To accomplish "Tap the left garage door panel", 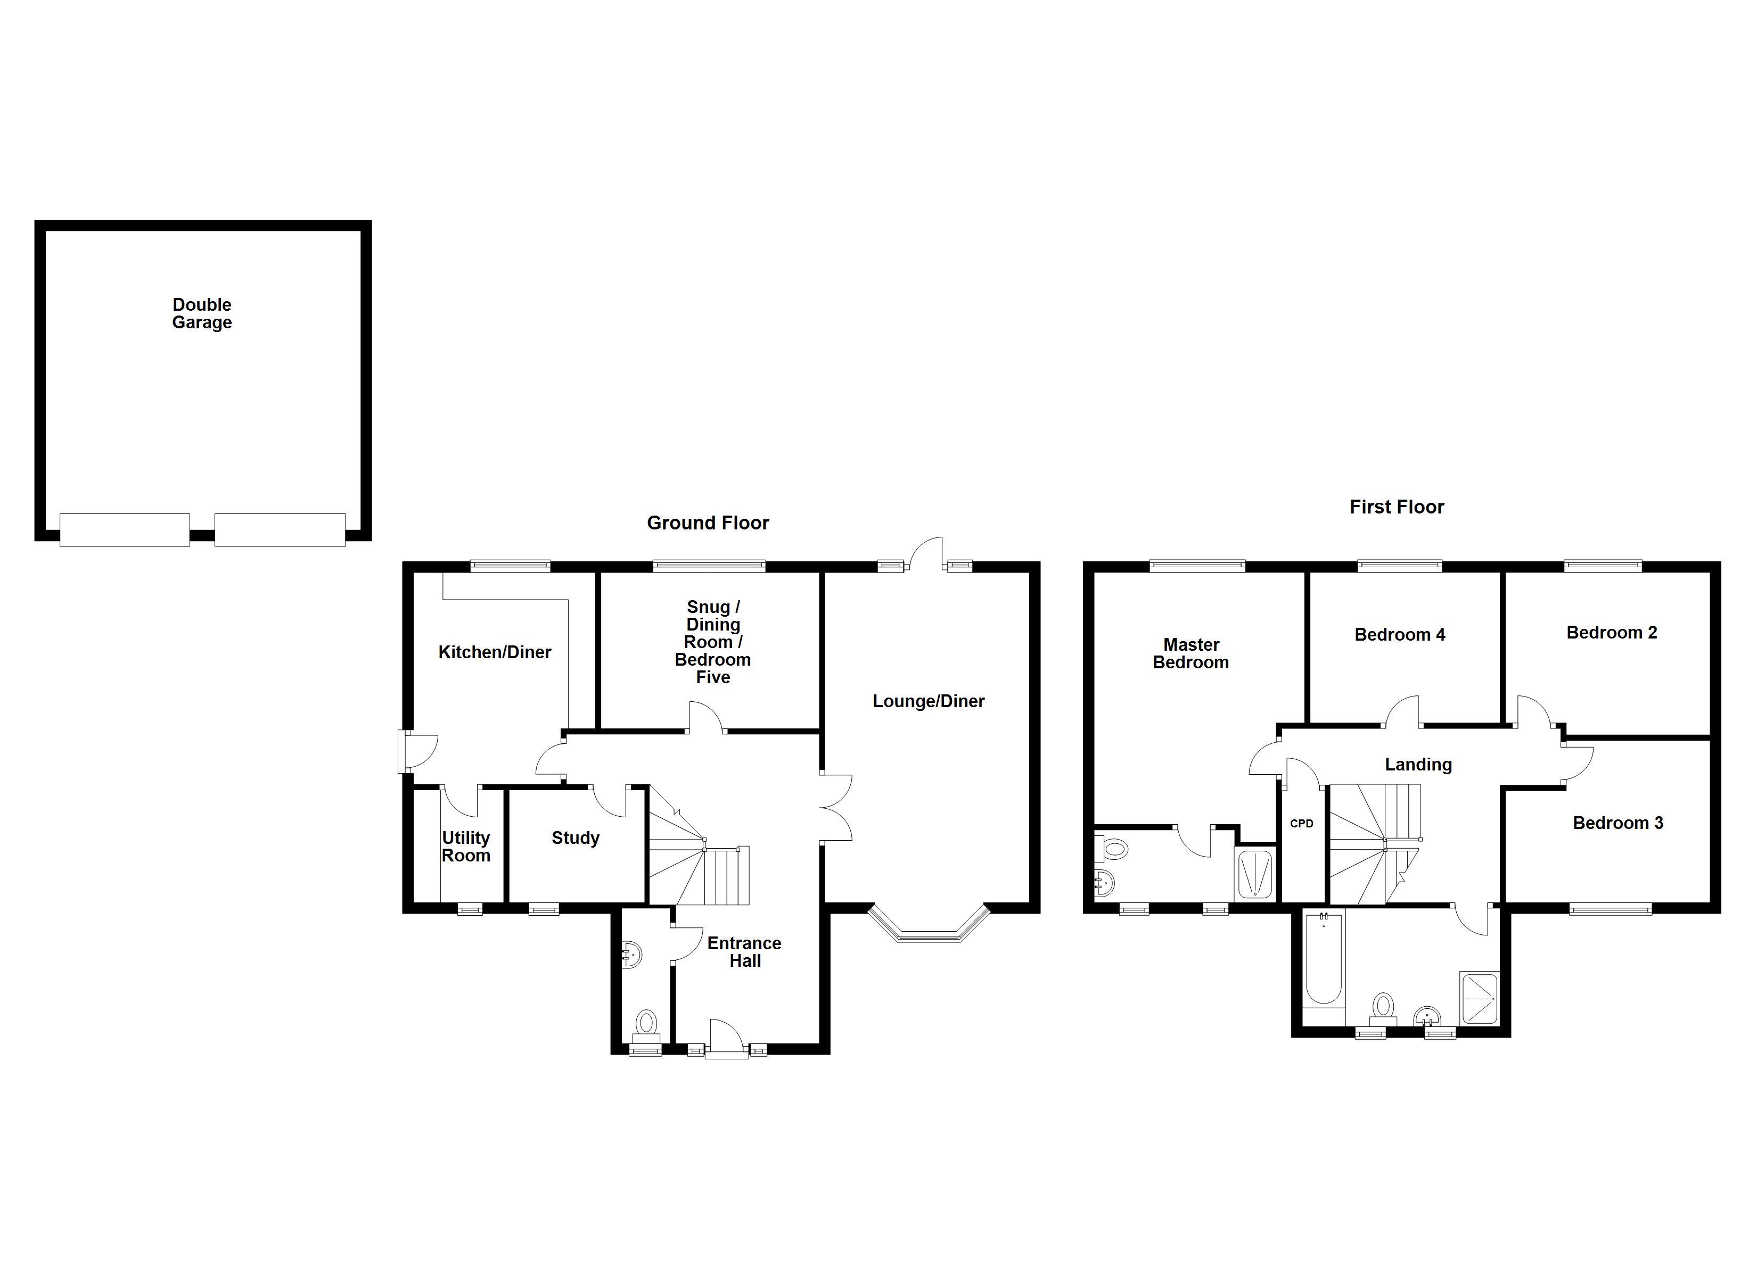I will coord(125,530).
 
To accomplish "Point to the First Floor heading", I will coord(1396,507).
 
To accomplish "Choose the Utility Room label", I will coord(465,847).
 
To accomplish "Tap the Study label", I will coord(575,838).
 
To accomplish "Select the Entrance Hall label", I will coord(744,952).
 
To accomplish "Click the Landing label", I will coord(1418,765).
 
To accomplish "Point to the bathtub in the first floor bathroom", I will coord(1324,960).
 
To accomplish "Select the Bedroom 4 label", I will coord(1399,634).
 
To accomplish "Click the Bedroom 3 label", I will coord(1618,823).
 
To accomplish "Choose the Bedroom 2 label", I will coord(1611,632).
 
